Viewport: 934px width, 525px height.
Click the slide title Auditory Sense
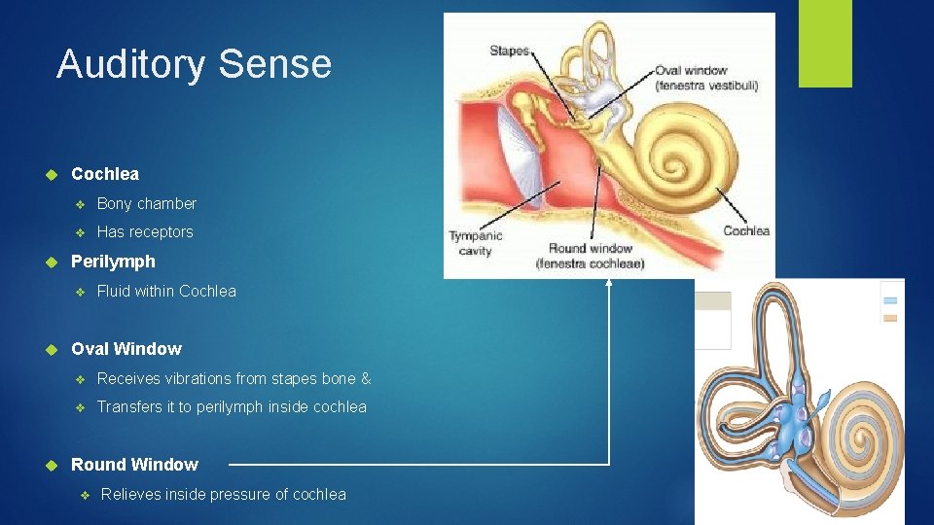pyautogui.click(x=194, y=64)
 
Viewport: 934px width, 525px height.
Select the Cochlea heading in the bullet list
pyautogui.click(x=105, y=174)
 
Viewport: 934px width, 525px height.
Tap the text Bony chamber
pyautogui.click(x=147, y=203)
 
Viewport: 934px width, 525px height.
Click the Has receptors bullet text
pyautogui.click(x=145, y=231)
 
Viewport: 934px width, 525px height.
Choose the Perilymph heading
pyautogui.click(x=113, y=262)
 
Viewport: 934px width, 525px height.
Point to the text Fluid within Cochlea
pyautogui.click(x=166, y=291)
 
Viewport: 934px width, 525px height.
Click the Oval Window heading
pyautogui.click(x=126, y=349)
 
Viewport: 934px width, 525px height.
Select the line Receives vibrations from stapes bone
pyautogui.click(x=233, y=378)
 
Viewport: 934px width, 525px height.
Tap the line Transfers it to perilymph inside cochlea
pyautogui.click(x=232, y=406)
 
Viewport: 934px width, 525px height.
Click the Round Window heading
pyautogui.click(x=134, y=465)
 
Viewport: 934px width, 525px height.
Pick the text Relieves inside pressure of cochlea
pyautogui.click(x=224, y=494)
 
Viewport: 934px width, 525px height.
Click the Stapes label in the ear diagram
pyautogui.click(x=509, y=51)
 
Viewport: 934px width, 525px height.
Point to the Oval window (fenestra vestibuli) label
pyautogui.click(x=705, y=78)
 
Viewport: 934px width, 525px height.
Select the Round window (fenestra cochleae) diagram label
pyautogui.click(x=590, y=256)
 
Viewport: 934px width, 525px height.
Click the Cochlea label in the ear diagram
pyautogui.click(x=746, y=230)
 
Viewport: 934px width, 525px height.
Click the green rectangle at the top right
pyautogui.click(x=825, y=44)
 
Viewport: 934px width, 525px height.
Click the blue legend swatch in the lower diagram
pyautogui.click(x=890, y=300)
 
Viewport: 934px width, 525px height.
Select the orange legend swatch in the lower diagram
pyautogui.click(x=890, y=318)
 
